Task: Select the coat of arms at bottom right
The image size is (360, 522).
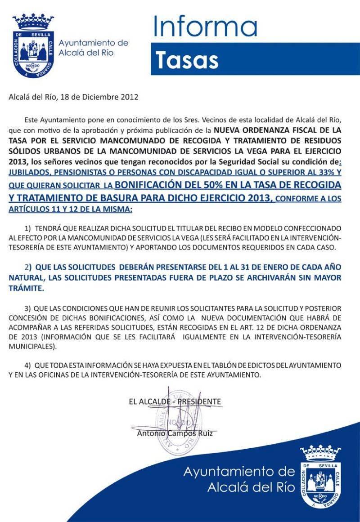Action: click(320, 475)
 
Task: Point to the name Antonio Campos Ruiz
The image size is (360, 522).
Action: click(175, 434)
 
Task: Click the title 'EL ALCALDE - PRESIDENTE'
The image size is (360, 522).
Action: click(175, 402)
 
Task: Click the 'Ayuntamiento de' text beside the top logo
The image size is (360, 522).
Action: click(94, 43)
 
